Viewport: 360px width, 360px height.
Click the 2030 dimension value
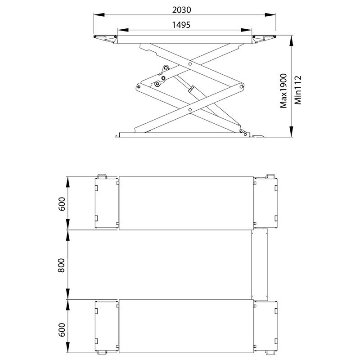click(x=182, y=10)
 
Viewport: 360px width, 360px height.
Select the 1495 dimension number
click(x=181, y=25)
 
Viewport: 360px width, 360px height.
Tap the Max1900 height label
click(x=283, y=91)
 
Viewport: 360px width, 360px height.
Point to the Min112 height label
click(x=298, y=90)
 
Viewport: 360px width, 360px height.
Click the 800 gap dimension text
click(x=61, y=265)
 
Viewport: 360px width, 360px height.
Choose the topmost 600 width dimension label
click(x=62, y=204)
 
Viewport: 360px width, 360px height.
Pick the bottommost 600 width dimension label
click(x=62, y=330)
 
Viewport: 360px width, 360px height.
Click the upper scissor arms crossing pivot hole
click(x=190, y=64)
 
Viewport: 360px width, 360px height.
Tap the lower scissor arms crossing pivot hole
click(x=190, y=110)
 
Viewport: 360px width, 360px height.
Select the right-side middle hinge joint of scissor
click(x=241, y=86)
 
